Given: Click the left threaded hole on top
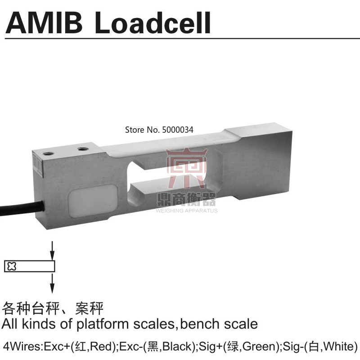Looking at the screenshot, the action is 46,153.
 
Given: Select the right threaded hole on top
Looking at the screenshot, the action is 82,148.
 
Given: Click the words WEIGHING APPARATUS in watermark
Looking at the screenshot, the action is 186,210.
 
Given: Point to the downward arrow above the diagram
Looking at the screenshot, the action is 52,250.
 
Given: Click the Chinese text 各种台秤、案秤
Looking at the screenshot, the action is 53,309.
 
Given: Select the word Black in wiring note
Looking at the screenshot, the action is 176,347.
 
